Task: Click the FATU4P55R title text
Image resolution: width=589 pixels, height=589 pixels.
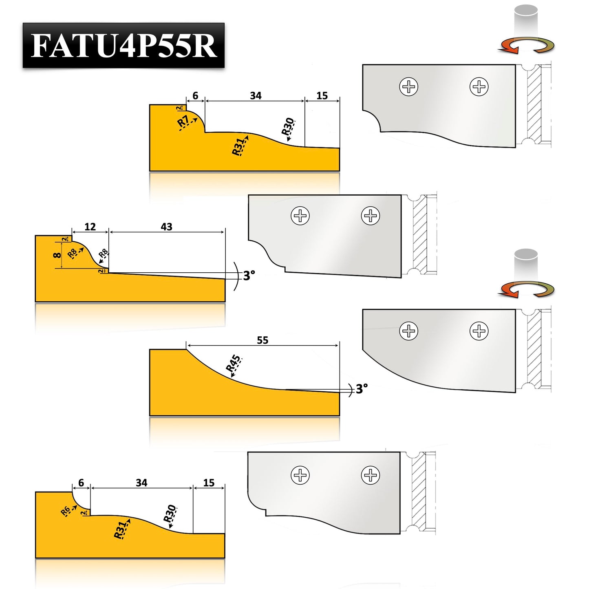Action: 123,46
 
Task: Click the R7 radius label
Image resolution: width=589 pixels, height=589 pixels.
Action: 183,121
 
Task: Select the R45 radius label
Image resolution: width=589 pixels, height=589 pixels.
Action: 234,363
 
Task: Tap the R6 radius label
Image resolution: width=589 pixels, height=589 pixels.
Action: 65,511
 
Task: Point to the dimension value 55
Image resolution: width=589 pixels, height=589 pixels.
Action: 263,340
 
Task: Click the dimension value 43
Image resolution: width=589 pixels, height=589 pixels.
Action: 166,227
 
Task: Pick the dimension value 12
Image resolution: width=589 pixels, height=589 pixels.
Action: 90,227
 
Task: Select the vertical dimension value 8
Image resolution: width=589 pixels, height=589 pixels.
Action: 57,255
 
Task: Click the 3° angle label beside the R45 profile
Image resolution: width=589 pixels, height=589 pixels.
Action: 362,389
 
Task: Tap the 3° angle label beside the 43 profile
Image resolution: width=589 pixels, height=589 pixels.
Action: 249,276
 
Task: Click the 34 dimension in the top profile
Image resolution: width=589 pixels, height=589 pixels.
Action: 256,95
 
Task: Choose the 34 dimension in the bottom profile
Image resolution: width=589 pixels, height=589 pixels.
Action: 141,483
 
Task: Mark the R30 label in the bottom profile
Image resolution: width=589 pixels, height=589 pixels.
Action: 170,514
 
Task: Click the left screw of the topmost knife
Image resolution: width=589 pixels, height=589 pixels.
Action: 408,86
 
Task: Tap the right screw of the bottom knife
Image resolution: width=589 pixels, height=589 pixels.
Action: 370,475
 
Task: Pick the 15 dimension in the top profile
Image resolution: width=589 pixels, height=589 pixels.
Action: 322,95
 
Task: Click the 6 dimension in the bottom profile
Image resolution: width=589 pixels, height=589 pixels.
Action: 81,483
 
